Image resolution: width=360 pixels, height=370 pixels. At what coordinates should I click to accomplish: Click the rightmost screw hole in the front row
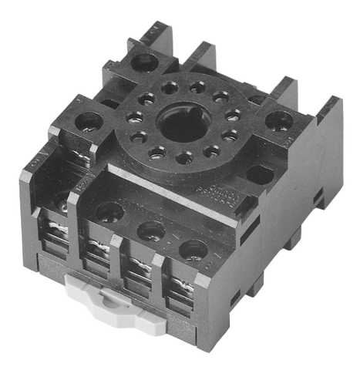click(192, 249)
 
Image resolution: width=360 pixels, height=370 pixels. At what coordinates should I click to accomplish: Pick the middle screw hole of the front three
click(149, 229)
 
